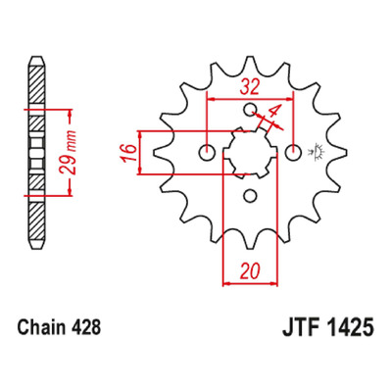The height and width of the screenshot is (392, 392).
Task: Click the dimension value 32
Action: (250, 87)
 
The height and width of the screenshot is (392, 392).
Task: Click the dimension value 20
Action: (250, 270)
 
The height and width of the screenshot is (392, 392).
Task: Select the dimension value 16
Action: (129, 152)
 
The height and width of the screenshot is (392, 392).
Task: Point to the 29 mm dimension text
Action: (69, 152)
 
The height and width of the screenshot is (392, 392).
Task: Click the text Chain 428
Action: (59, 327)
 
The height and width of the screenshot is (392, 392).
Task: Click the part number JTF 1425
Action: (327, 327)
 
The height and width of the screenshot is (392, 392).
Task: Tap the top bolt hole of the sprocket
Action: (250, 109)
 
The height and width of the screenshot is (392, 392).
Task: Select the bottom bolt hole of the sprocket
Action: (250, 196)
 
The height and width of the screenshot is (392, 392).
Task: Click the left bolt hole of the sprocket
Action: (207, 153)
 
